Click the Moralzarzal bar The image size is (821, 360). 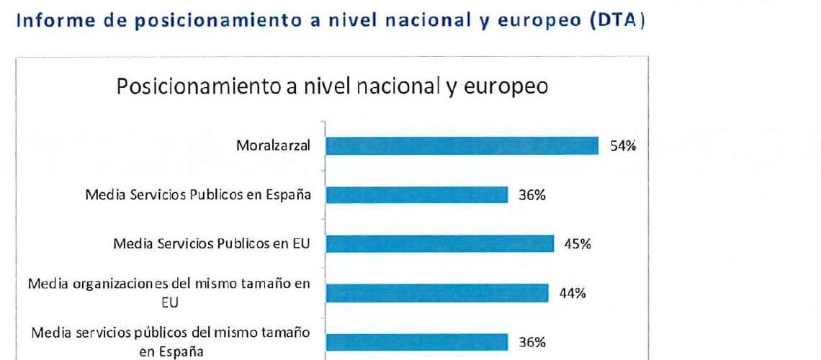(462, 146)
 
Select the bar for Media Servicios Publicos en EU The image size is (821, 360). (440, 243)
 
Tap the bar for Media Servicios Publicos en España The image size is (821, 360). (417, 194)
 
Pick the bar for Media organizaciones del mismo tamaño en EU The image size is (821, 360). (436, 293)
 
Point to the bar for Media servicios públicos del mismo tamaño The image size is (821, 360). (417, 342)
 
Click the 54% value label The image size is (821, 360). (623, 146)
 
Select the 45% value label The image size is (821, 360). (578, 244)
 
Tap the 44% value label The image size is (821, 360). (572, 293)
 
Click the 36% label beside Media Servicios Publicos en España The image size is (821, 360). (532, 195)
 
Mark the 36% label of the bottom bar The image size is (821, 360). (532, 342)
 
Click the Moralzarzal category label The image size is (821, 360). (273, 146)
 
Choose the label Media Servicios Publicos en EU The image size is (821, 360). (212, 244)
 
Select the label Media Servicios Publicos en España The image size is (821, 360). (199, 195)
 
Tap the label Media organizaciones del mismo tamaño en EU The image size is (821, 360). (169, 292)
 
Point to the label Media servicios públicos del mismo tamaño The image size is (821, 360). (171, 342)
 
